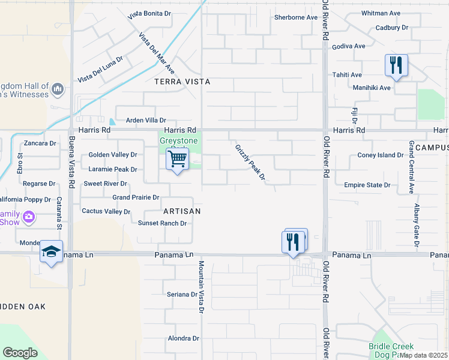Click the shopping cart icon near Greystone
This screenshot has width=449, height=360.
(177, 160)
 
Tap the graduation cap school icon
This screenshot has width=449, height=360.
(52, 252)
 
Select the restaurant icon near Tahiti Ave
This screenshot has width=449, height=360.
(396, 65)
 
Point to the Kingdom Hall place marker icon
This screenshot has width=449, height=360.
(58, 89)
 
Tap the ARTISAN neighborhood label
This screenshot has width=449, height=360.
(181, 211)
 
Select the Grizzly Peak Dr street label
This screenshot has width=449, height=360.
(250, 161)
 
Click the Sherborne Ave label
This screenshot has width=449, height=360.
(295, 17)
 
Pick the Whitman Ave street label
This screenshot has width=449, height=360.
(381, 13)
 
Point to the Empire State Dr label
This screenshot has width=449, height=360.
(367, 185)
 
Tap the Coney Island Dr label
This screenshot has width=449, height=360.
(381, 155)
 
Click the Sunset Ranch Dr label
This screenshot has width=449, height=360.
(163, 223)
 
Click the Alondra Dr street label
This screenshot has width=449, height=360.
(183, 338)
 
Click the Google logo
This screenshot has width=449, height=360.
(20, 353)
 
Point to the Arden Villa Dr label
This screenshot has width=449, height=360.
(141, 120)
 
